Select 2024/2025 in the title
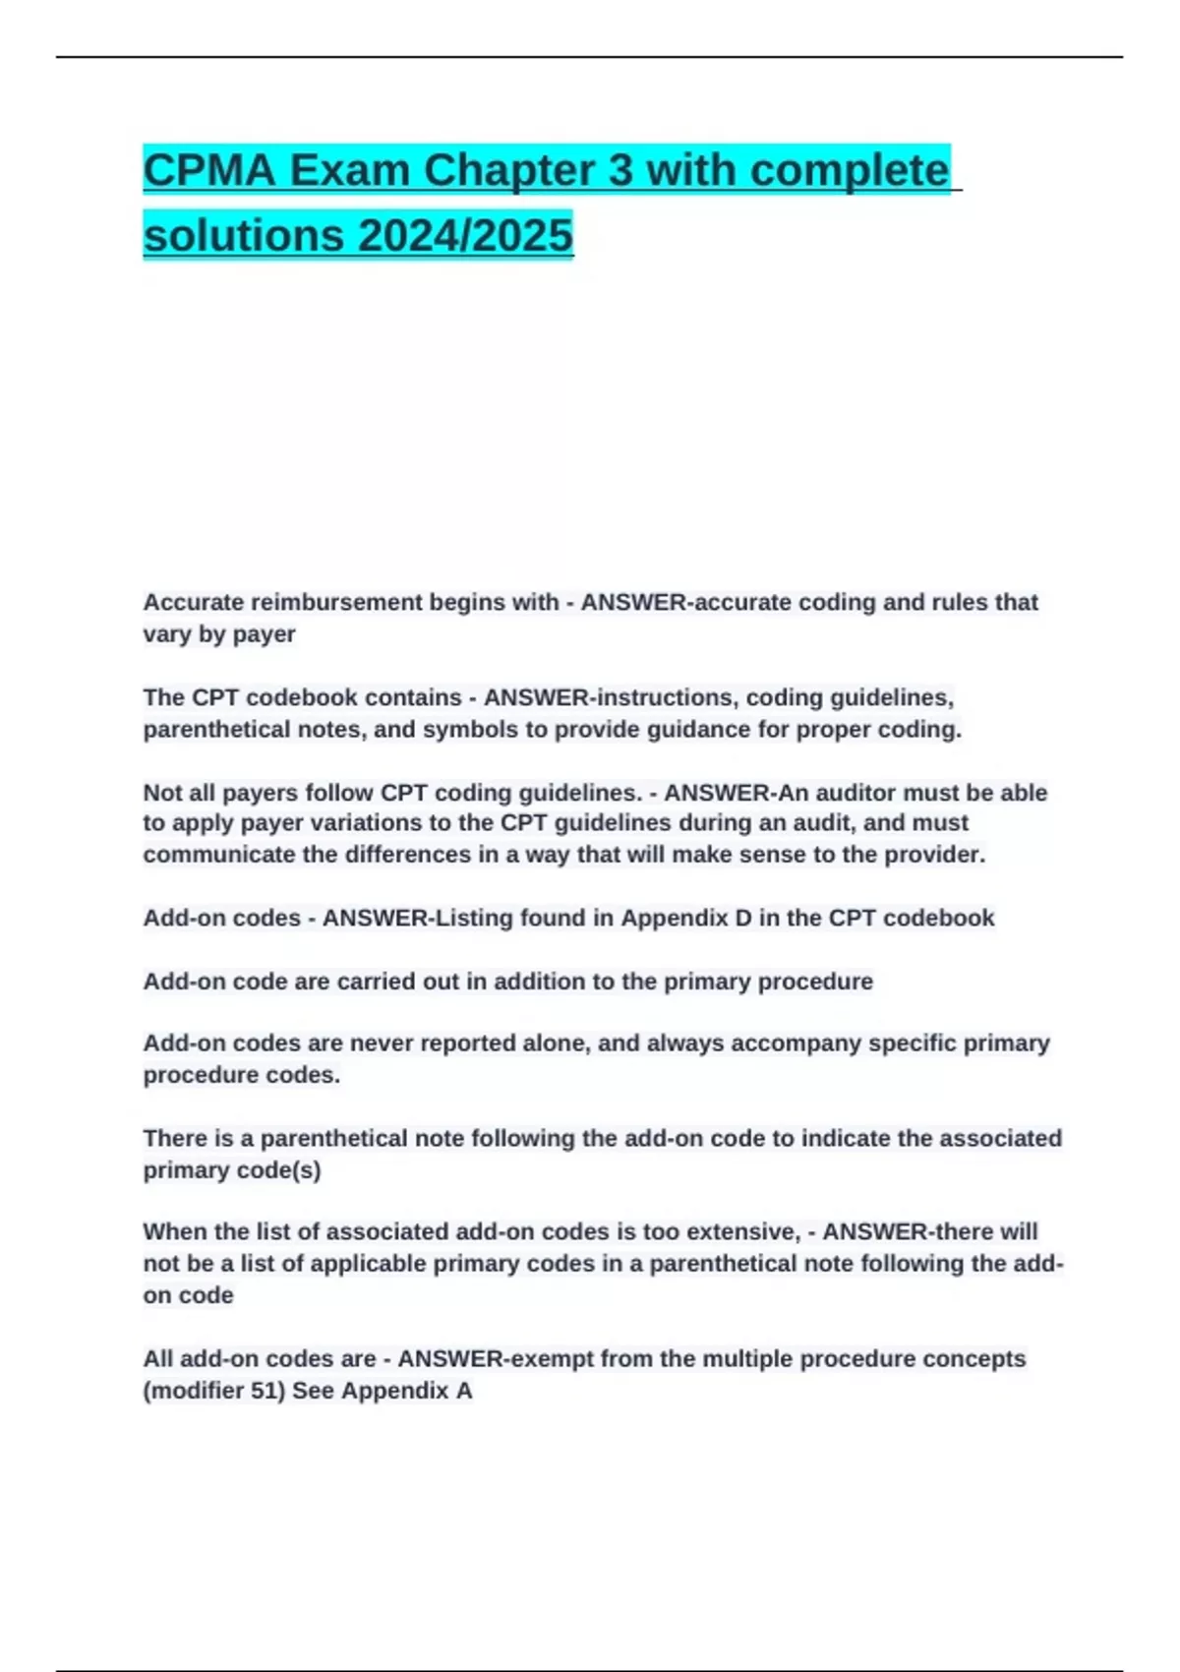tap(465, 236)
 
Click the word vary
tap(167, 634)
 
